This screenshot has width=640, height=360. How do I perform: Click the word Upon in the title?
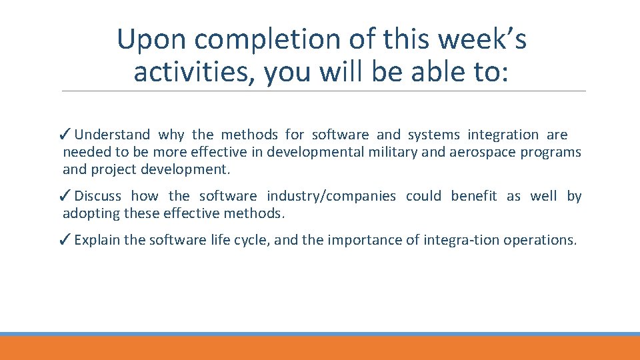point(151,39)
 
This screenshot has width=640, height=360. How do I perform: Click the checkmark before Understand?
point(65,135)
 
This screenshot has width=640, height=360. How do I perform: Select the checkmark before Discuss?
point(65,196)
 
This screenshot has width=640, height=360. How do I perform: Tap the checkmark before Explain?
point(65,240)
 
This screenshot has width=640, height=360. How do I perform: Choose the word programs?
point(551,152)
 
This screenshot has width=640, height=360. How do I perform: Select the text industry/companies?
point(331,196)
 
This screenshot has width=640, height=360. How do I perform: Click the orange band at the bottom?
point(320,349)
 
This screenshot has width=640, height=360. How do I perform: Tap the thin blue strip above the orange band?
point(320,334)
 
